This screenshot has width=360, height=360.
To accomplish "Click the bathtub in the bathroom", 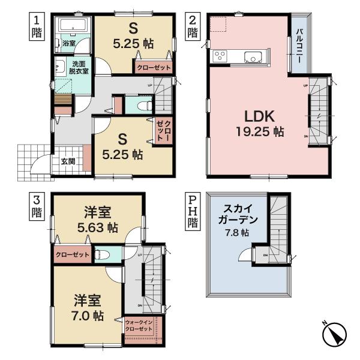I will click(x=72, y=27).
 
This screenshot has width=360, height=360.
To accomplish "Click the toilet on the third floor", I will click(x=100, y=254).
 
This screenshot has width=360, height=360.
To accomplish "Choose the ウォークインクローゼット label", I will click(x=140, y=327).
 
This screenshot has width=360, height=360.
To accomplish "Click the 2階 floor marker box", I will click(x=193, y=27).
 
